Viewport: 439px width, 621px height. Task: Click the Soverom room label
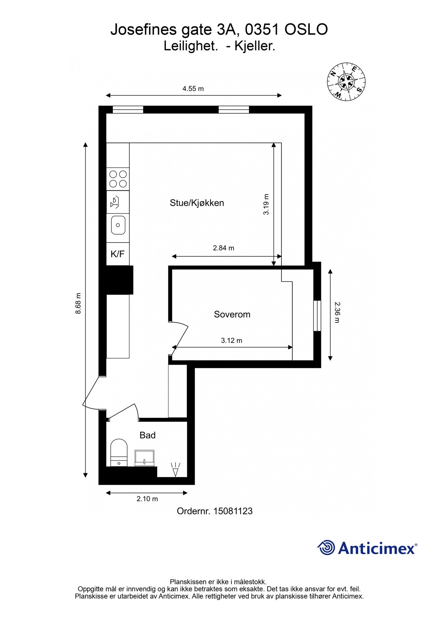[232, 314]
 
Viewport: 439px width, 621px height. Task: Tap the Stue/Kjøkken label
[197, 203]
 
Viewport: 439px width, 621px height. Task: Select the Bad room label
[148, 435]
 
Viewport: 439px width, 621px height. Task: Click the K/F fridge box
[118, 254]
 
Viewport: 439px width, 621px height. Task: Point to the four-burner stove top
[118, 179]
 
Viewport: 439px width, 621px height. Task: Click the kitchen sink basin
[118, 225]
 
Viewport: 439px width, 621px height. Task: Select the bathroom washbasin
[144, 458]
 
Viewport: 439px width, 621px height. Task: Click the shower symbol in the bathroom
[176, 470]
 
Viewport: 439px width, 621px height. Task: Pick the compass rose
[346, 82]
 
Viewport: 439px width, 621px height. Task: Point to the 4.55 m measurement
[193, 89]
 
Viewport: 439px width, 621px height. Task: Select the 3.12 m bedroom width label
[232, 341]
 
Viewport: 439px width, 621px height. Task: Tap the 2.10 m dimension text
[147, 499]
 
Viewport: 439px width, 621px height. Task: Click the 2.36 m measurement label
[337, 313]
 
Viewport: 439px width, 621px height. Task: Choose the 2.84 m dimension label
[223, 248]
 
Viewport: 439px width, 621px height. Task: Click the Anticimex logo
[367, 548]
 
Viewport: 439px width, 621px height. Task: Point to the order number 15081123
[233, 511]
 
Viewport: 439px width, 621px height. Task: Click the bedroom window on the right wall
[317, 316]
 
